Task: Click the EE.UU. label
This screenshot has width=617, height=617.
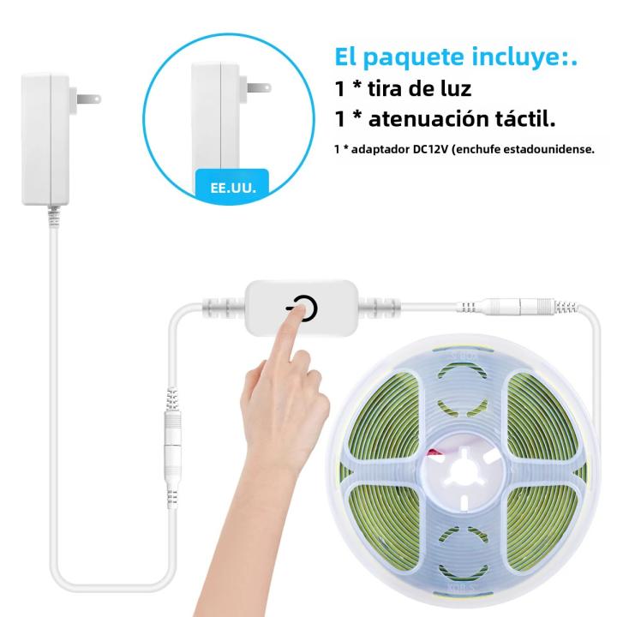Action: coord(233,188)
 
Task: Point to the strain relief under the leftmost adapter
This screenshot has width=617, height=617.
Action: coord(53,217)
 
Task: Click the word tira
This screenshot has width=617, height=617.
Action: coord(386,87)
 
